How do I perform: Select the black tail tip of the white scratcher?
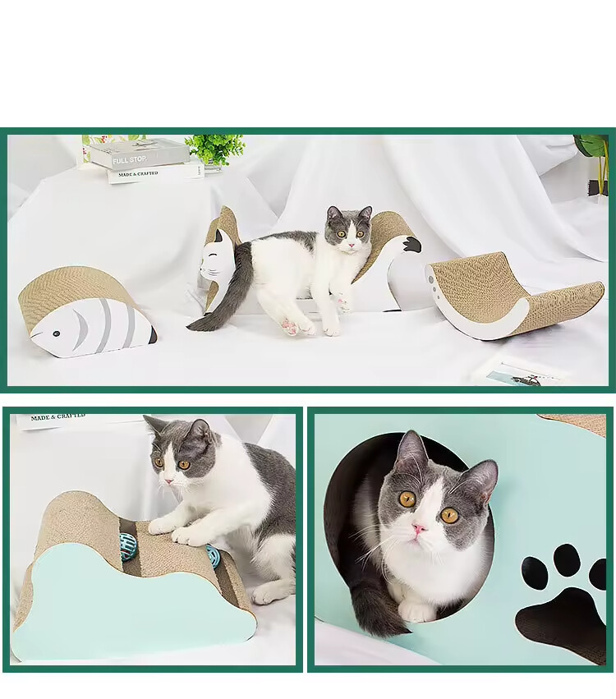pyautogui.click(x=411, y=245)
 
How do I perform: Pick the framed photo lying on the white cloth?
pyautogui.click(x=521, y=374)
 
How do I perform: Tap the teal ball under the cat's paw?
pyautogui.click(x=212, y=554)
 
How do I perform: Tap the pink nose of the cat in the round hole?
pyautogui.click(x=419, y=528)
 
